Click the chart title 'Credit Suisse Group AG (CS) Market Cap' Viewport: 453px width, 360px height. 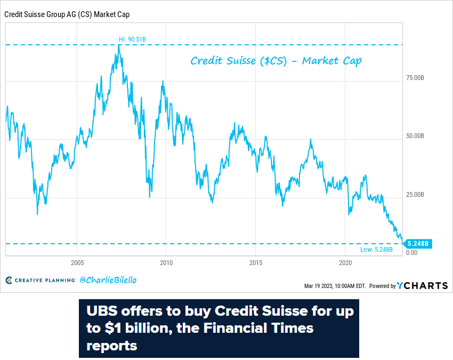pyautogui.click(x=67, y=14)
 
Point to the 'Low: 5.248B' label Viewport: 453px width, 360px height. pyautogui.click(x=375, y=250)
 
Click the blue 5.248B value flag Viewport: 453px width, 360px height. pyautogui.click(x=418, y=244)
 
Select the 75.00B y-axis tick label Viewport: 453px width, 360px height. pyautogui.click(x=415, y=78)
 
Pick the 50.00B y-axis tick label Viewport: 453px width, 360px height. pyautogui.click(x=415, y=136)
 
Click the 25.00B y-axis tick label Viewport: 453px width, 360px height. pyautogui.click(x=415, y=194)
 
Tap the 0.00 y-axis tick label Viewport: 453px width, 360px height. pyautogui.click(x=411, y=252)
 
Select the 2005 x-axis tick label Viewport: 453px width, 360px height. pyautogui.click(x=77, y=263)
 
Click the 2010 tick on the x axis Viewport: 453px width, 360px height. pyautogui.click(x=166, y=263)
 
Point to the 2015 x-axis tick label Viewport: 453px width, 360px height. pyautogui.click(x=256, y=263)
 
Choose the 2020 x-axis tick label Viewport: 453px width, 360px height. pyautogui.click(x=345, y=263)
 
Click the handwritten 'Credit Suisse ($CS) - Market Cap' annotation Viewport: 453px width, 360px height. pyautogui.click(x=276, y=61)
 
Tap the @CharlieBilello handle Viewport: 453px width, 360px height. pyautogui.click(x=104, y=279)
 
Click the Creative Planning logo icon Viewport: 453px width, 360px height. pyautogui.click(x=9, y=280)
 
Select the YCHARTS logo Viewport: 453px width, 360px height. pyautogui.click(x=422, y=285)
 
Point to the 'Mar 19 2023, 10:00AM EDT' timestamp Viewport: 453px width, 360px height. pyautogui.click(x=335, y=286)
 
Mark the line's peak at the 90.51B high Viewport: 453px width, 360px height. pyautogui.click(x=119, y=45)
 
